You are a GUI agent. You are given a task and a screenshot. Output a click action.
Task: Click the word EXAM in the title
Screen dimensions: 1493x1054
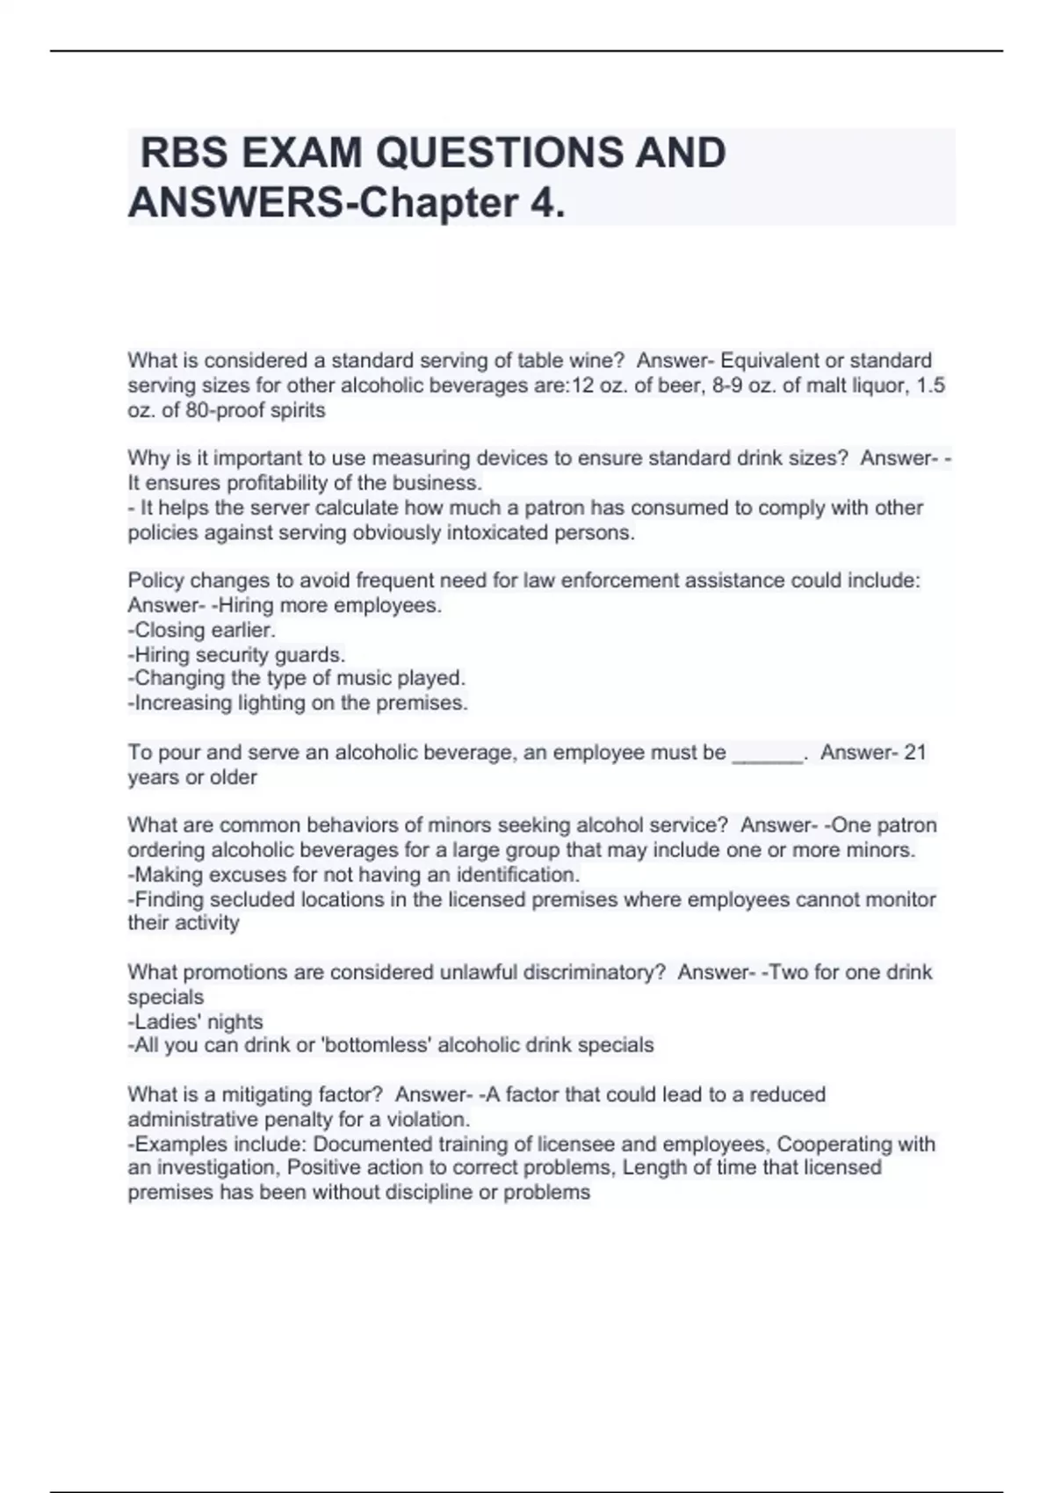tap(300, 153)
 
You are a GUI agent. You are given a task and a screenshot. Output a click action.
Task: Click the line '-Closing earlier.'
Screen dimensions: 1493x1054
tap(202, 630)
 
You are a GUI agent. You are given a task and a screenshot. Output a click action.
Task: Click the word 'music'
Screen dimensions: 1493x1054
tap(364, 678)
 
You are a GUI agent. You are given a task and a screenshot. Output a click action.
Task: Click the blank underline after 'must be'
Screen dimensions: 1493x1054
tap(768, 753)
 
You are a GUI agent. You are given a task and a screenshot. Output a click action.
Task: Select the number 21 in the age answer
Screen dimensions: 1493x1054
tap(915, 753)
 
